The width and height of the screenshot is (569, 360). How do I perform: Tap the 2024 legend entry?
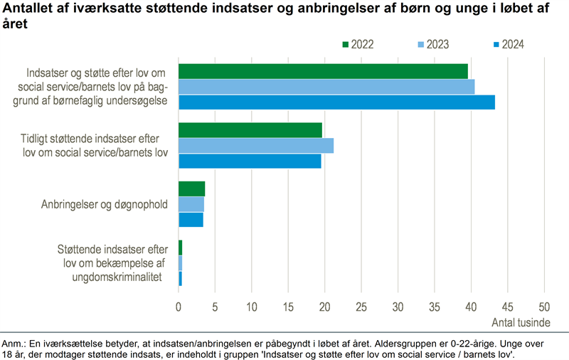click(x=508, y=44)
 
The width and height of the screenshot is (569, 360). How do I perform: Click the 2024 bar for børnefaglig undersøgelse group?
click(x=336, y=102)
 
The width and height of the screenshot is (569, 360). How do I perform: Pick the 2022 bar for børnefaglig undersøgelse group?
click(x=323, y=71)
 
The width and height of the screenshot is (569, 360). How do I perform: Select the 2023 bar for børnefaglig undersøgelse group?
click(x=326, y=87)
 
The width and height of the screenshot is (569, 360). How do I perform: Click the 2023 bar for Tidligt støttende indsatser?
click(x=256, y=146)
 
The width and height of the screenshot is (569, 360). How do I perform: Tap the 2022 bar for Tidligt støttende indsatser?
click(x=250, y=130)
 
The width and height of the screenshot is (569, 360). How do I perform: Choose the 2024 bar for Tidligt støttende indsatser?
click(x=250, y=161)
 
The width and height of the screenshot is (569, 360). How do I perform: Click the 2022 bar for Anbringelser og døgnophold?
click(x=191, y=189)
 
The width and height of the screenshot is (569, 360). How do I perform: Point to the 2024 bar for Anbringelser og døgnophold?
click(x=191, y=220)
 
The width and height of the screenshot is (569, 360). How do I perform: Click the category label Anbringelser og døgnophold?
click(x=105, y=205)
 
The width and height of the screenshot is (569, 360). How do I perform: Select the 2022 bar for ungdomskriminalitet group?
click(x=181, y=248)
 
